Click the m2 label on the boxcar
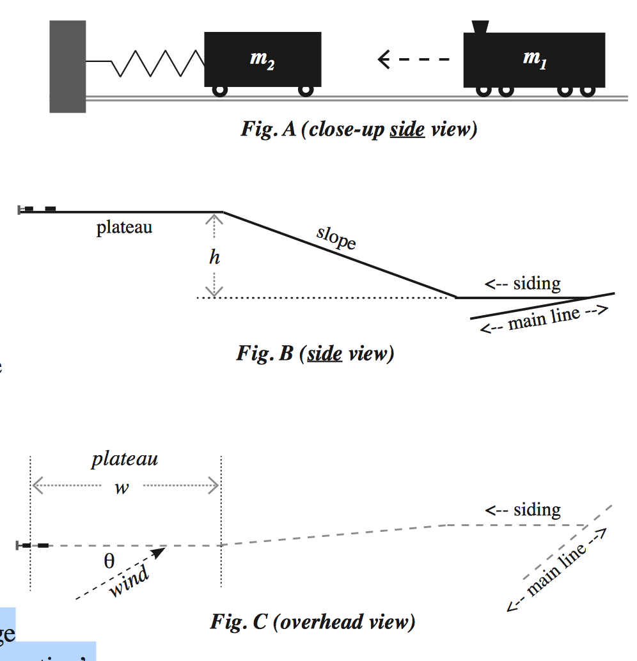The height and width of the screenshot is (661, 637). click(262, 59)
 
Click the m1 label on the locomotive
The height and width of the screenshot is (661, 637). click(535, 59)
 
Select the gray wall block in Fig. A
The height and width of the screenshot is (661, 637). click(68, 66)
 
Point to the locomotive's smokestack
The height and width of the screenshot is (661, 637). click(480, 26)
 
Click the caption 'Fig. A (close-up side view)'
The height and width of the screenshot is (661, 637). click(359, 130)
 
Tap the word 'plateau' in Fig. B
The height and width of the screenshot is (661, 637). click(124, 228)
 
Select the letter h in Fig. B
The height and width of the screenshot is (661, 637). click(214, 257)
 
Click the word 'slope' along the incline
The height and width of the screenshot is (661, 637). click(336, 238)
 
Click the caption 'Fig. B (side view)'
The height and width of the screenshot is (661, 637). click(315, 354)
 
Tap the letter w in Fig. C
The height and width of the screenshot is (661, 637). click(122, 488)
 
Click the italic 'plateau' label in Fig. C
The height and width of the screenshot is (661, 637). click(125, 459)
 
